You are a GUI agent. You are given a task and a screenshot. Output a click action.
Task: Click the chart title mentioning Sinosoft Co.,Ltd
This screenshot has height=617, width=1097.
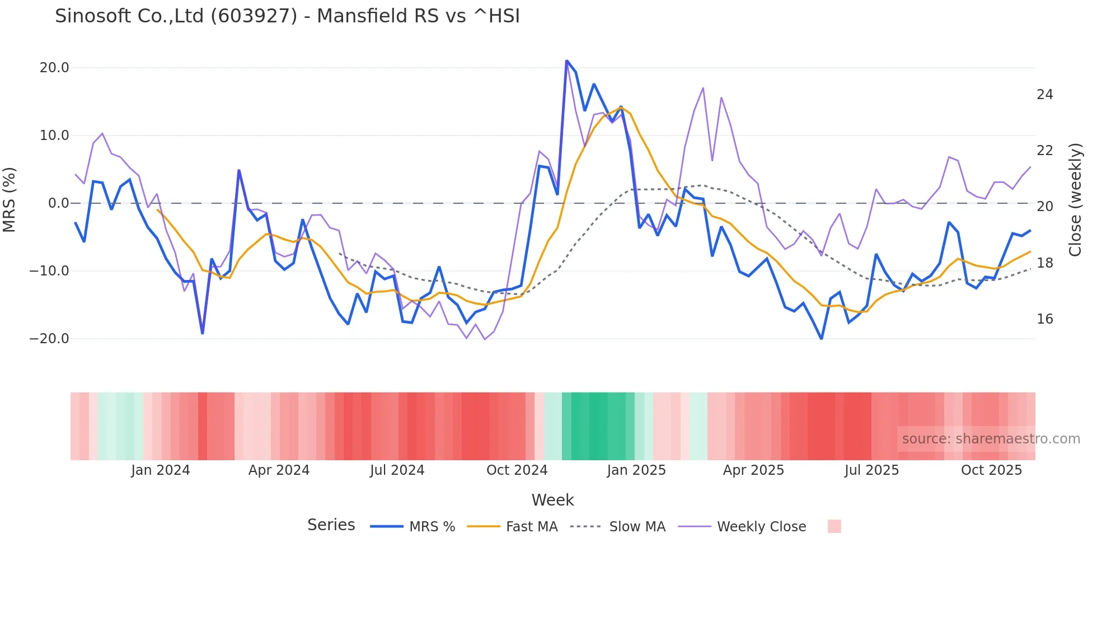point(287,16)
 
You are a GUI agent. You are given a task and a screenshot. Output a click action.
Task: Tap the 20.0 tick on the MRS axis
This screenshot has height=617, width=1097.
point(54,68)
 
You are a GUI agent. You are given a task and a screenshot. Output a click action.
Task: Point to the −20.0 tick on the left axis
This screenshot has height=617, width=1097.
point(49,339)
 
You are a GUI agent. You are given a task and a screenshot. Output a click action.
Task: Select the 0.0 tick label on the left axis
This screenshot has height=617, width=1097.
point(58,203)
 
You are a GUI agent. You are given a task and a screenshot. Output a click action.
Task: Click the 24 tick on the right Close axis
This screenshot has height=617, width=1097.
point(1044,95)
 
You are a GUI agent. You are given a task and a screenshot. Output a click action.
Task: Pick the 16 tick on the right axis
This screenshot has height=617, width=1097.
point(1044,319)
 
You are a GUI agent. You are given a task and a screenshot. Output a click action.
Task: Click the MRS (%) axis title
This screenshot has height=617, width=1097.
point(10,200)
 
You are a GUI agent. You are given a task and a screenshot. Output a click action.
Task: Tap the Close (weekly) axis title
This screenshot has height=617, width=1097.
point(1075,200)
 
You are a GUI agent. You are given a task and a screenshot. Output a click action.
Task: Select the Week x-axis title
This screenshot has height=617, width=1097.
point(552,500)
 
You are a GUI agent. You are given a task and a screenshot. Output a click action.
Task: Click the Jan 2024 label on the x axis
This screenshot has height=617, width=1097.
point(161,470)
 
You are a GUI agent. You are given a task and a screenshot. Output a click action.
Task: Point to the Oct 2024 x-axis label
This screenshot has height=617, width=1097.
point(517,470)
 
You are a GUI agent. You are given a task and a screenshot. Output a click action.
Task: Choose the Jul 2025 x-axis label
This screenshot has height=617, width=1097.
point(871,470)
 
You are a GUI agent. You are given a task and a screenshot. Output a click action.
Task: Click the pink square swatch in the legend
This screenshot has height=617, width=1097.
point(834,526)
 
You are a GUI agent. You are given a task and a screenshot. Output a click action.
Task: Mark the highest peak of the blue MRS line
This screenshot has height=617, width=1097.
point(567,60)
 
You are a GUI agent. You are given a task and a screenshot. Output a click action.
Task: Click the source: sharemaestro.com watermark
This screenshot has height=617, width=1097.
point(991,439)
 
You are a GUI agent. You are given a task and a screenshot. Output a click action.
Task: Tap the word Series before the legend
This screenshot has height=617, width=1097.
point(331,525)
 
